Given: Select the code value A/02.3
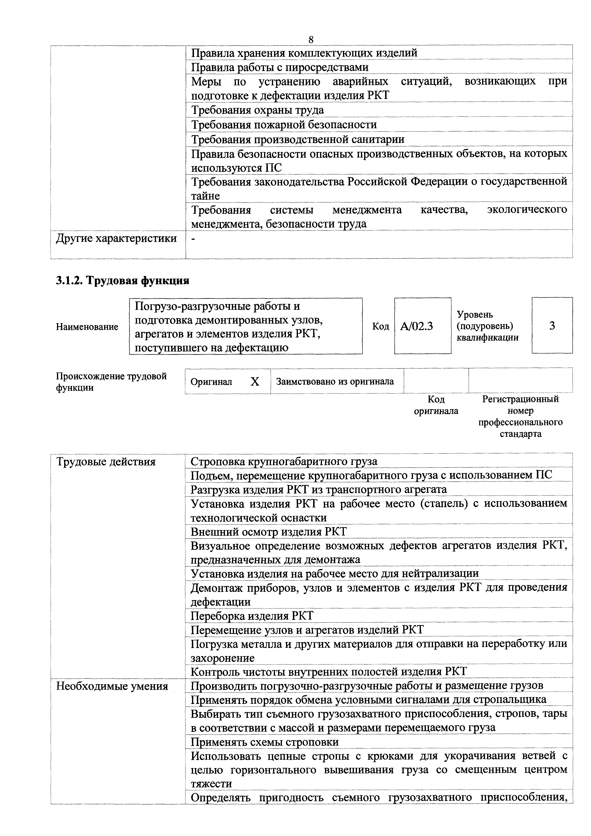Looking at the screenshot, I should coord(416,326).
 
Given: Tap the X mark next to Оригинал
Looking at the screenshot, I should coord(255,382).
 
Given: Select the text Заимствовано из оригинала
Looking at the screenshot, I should coord(335,382).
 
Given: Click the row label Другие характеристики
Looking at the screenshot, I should coord(116,239).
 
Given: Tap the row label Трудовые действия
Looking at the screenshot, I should coord(106,462).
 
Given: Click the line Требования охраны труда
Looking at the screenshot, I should coord(257,110).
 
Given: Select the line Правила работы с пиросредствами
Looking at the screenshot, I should coord(280,67).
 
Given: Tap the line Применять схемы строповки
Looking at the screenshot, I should coord(265,742).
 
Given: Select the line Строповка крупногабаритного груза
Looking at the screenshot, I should coord(284,462).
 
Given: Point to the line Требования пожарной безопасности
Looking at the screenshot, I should coord(284,125).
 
